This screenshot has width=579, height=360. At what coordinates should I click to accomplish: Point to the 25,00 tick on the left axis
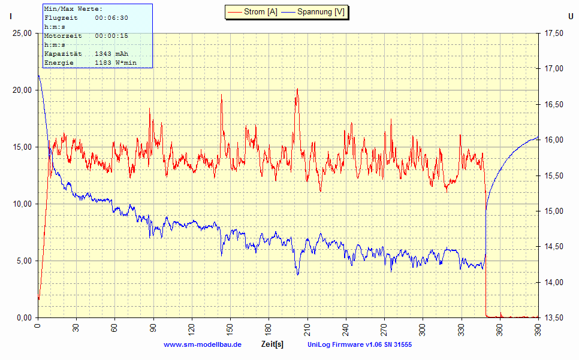22,34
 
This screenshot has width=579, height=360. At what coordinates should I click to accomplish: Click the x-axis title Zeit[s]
272,344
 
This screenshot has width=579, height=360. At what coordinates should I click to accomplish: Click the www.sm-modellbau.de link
202,344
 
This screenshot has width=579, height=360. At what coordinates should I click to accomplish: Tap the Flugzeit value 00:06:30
111,18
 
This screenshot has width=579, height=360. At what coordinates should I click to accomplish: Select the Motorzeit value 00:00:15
111,36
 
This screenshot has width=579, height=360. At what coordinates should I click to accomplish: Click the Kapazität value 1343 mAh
111,54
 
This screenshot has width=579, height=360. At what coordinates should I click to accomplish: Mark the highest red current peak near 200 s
297,89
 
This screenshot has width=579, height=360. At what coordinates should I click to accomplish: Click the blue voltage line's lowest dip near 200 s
297,274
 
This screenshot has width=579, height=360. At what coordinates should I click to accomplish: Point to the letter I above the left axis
10,17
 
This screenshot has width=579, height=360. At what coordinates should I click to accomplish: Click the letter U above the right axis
570,17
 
